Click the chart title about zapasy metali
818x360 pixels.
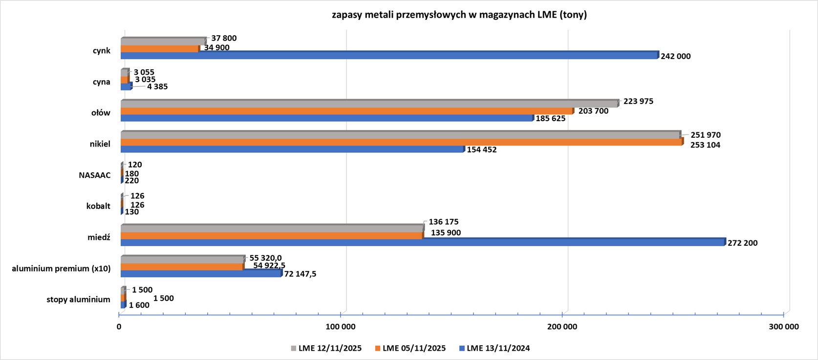pos(459,15)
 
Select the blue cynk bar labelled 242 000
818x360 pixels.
pos(389,56)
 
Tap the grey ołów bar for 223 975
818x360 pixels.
pos(369,104)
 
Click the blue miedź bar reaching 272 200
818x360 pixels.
pos(422,242)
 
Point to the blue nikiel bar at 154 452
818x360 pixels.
pos(292,149)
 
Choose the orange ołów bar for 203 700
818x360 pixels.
pos(347,111)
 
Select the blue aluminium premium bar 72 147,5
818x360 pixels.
pos(201,274)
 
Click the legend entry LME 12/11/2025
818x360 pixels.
pos(326,348)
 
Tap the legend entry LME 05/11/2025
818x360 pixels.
pos(410,348)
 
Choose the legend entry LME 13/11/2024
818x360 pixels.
pos(494,348)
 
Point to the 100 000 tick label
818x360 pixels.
pos(341,327)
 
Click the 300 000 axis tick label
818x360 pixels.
pos(784,327)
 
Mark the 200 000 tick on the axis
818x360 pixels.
pos(562,327)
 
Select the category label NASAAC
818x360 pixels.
pos(95,175)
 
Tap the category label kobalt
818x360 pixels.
pos(98,206)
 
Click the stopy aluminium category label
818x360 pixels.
pos(78,299)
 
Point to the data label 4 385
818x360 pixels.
pos(157,86)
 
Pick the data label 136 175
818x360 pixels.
pos(444,222)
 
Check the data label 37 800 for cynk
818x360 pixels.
pos(224,39)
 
